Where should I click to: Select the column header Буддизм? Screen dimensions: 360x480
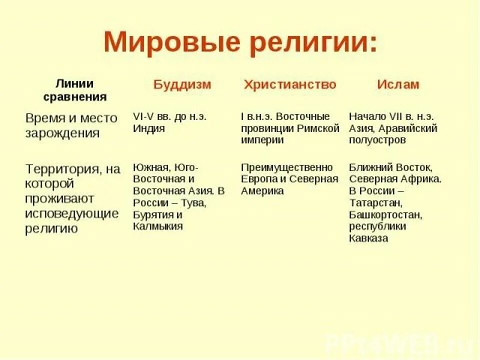tap(182, 84)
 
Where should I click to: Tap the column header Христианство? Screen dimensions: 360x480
tap(290, 84)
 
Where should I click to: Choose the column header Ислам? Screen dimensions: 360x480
tap(398, 84)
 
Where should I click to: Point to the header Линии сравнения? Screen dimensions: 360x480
tap(75, 90)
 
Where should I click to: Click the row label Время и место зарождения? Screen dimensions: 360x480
tap(71, 125)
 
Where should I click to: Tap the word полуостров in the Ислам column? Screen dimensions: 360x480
tap(377, 140)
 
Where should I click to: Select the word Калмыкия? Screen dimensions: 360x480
tap(157, 226)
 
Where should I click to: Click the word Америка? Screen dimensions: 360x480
tap(262, 191)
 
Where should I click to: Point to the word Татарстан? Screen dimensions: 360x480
tap(375, 203)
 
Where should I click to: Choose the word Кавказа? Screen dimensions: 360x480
tap(368, 238)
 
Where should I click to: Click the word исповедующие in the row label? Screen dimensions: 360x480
tap(72, 214)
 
